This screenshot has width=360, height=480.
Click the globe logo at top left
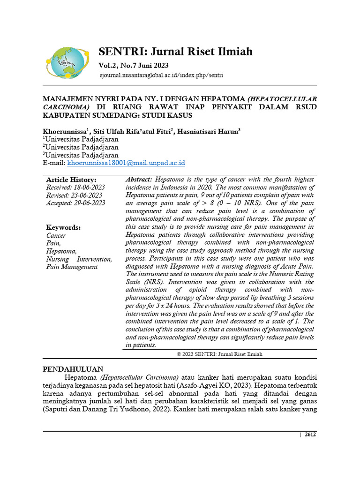coord(67,62)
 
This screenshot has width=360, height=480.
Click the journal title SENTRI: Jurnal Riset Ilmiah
coord(175,52)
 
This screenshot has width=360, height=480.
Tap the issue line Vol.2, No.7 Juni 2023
coord(133,66)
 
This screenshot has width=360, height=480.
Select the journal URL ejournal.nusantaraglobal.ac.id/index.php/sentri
coord(161,75)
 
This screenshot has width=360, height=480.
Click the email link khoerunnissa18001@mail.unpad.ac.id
coord(126,163)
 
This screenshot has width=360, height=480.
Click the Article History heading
coord(71,180)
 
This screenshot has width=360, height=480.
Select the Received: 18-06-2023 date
coord(75,187)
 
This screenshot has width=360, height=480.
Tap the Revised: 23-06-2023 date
coord(74,195)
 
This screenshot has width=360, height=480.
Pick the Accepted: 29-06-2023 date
coord(75,203)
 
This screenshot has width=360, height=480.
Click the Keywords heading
coord(63,227)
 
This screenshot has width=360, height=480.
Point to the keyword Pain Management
coord(72,267)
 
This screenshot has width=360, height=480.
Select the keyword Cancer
coord(56,235)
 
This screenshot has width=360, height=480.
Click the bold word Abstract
coord(139,180)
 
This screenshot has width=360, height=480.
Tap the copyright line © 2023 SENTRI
coord(219,354)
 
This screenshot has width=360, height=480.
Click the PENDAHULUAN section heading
coord(73,369)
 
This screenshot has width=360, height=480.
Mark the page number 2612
coord(310,435)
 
